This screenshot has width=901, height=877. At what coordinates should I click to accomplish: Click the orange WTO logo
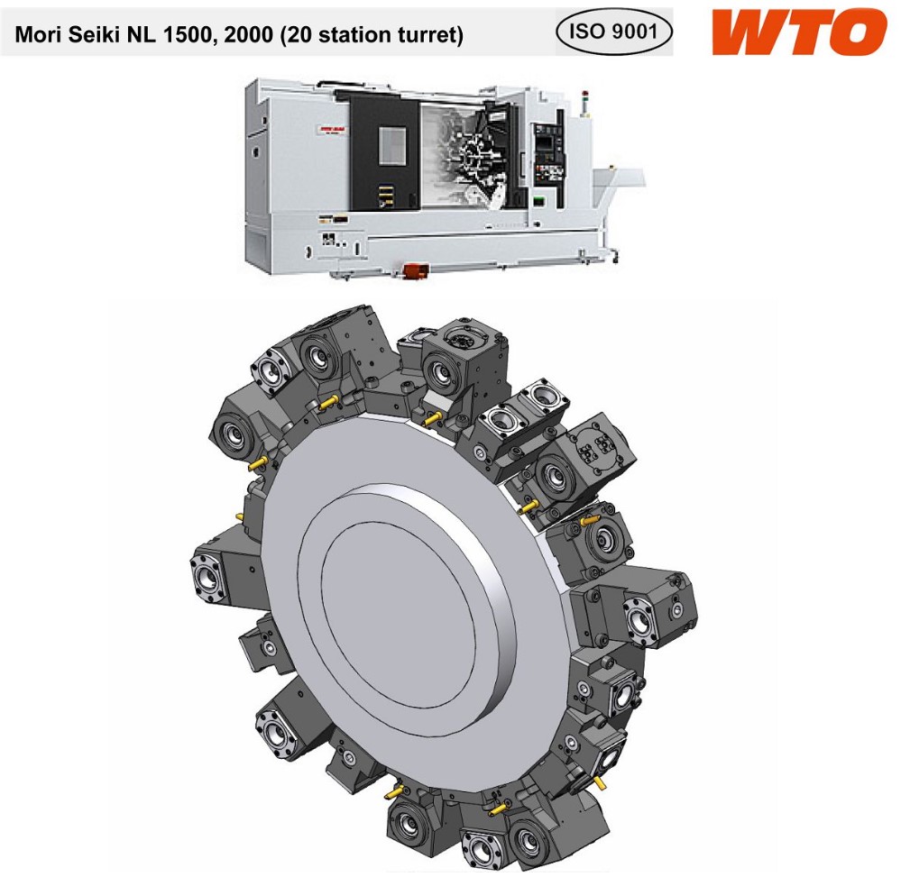pos(799,32)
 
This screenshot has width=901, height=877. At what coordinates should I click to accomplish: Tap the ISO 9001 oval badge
pos(613,31)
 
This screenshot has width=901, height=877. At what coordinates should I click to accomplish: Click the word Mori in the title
pos(37,35)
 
